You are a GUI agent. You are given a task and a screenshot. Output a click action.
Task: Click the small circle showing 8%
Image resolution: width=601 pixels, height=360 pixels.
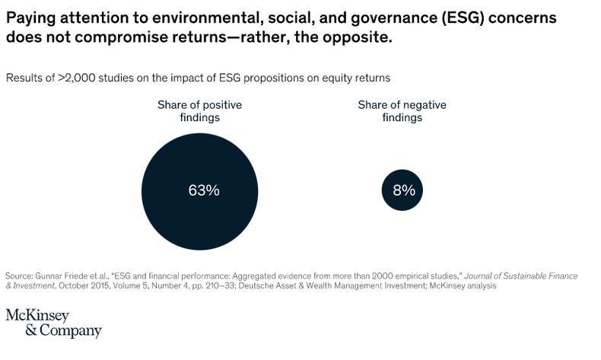(x=403, y=190)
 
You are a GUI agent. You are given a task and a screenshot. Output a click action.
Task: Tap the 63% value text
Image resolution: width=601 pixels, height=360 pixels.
(x=203, y=190)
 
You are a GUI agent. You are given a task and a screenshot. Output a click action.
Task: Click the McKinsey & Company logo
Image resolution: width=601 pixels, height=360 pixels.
(x=53, y=323)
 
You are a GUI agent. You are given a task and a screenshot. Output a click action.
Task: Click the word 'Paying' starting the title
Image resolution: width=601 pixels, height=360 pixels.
(x=29, y=16)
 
